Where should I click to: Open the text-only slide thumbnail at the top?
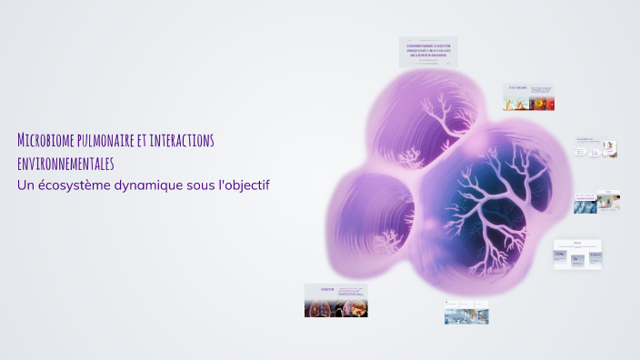pos(428,52)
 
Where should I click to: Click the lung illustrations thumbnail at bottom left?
pos(335,300)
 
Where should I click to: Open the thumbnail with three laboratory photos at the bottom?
pos(466,312)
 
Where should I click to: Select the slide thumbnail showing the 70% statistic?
pos(577,255)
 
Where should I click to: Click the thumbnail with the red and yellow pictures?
pos(529,97)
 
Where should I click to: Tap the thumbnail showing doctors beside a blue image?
pos(596,203)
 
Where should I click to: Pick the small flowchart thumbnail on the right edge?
pos(596,149)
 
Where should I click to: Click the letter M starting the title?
pos(22,140)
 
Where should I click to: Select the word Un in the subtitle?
pos(25,185)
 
